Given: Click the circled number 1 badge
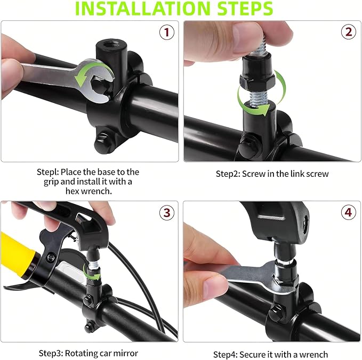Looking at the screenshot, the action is click(x=167, y=32).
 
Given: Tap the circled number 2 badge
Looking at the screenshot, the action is click(x=348, y=31).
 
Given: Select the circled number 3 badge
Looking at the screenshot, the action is click(x=167, y=212).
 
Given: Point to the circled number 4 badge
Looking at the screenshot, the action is click(x=348, y=212).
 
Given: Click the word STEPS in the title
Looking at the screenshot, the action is click(x=245, y=9).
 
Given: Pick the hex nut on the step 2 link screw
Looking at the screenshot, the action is click(x=257, y=81).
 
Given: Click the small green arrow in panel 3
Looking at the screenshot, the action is click(x=92, y=274).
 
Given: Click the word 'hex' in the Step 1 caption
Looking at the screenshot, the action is click(x=72, y=191).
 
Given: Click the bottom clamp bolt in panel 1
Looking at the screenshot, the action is click(x=102, y=141).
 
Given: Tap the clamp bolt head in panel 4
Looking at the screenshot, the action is click(x=275, y=312).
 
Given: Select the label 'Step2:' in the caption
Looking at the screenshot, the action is click(x=228, y=174).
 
